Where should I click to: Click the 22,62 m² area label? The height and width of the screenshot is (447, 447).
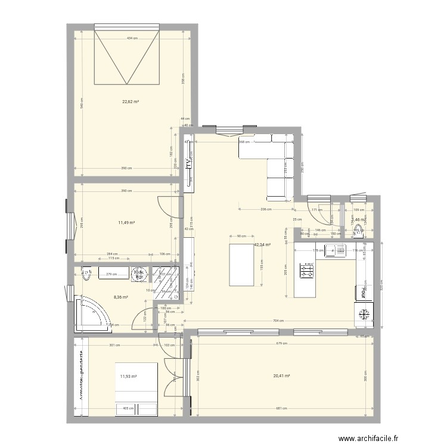click(131, 102)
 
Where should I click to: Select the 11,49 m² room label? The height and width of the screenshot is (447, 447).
click(126, 222)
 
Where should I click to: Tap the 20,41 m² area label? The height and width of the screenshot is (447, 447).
click(281, 375)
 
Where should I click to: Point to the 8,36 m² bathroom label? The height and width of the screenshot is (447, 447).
click(120, 297)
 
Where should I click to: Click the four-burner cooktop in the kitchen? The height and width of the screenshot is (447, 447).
click(307, 271)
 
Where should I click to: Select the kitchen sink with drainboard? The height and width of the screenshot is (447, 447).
click(334, 250)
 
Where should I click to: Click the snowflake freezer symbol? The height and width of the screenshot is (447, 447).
click(363, 314)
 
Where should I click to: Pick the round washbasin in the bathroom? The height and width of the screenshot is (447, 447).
click(139, 273)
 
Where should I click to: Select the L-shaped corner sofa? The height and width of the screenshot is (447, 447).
click(274, 161)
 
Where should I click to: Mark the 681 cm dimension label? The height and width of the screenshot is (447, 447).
click(283, 409)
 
